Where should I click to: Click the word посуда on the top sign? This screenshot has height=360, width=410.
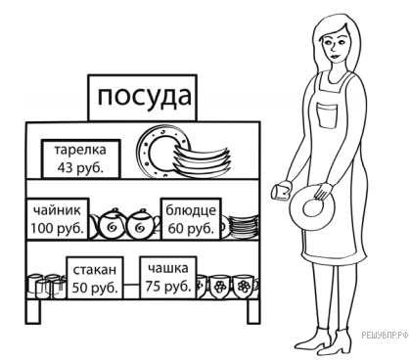pyautogui.click(x=144, y=97)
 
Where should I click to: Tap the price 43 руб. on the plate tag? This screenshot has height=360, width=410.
pyautogui.click(x=80, y=167)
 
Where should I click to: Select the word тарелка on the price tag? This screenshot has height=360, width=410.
pyautogui.click(x=80, y=151)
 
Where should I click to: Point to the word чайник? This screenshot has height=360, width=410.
pyautogui.click(x=57, y=210)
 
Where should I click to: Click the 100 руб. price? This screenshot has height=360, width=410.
pyautogui.click(x=57, y=228)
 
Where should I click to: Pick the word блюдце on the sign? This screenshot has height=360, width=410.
pyautogui.click(x=191, y=210)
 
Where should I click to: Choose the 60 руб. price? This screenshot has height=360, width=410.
pyautogui.click(x=191, y=228)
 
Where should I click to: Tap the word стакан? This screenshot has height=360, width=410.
pyautogui.click(x=94, y=270)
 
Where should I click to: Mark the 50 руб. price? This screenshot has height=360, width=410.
pyautogui.click(x=95, y=288)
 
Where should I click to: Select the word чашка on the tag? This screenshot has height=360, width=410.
pyautogui.click(x=168, y=268)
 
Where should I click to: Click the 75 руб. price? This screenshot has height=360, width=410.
pyautogui.click(x=168, y=286)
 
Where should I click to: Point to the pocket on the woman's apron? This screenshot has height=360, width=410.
pyautogui.click(x=327, y=115)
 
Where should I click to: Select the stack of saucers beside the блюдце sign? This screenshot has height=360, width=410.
pyautogui.click(x=244, y=226)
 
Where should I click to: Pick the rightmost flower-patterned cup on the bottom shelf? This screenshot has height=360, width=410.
pyautogui.click(x=246, y=287)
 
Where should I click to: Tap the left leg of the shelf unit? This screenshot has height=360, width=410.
pyautogui.click(x=33, y=311)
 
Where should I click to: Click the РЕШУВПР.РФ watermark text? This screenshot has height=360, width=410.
pyautogui.click(x=385, y=335)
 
